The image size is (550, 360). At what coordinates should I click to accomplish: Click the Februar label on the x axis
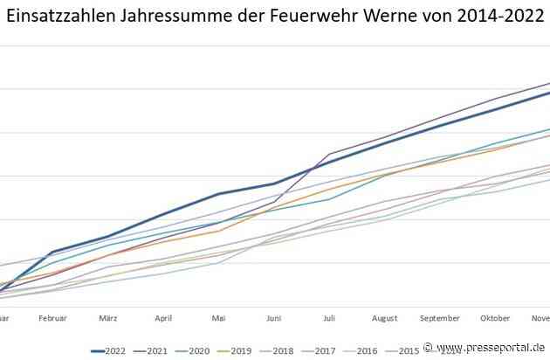(53, 319)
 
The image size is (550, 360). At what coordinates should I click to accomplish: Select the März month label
(108, 319)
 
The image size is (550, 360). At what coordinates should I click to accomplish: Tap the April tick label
(163, 319)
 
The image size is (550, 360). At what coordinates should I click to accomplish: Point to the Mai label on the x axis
(218, 319)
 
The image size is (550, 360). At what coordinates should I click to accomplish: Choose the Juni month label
(273, 319)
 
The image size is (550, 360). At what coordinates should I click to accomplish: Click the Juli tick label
(329, 319)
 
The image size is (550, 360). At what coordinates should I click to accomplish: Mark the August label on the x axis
(384, 319)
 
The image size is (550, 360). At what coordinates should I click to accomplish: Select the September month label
(439, 319)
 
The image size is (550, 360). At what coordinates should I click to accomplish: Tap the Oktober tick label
(494, 319)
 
